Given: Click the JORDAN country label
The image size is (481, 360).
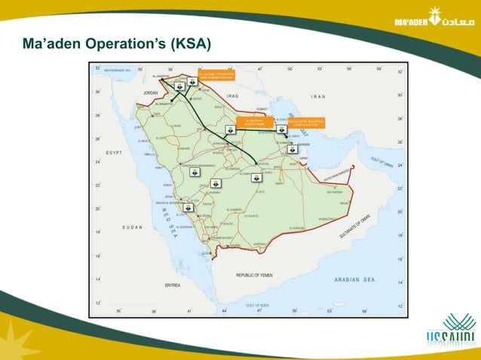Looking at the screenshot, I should click(x=144, y=93).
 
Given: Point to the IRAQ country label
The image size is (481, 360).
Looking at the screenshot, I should click(x=231, y=96).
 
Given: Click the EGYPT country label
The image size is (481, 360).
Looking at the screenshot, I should click(x=115, y=152).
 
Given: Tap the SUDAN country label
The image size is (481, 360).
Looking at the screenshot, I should click(x=132, y=226).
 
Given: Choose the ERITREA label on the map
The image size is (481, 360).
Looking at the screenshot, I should click(x=172, y=285).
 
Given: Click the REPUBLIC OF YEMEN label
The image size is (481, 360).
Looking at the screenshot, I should click(x=259, y=275).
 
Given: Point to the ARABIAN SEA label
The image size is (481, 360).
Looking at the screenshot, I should click(x=354, y=279).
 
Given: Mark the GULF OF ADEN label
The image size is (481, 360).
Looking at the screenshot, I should click(x=259, y=304).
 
